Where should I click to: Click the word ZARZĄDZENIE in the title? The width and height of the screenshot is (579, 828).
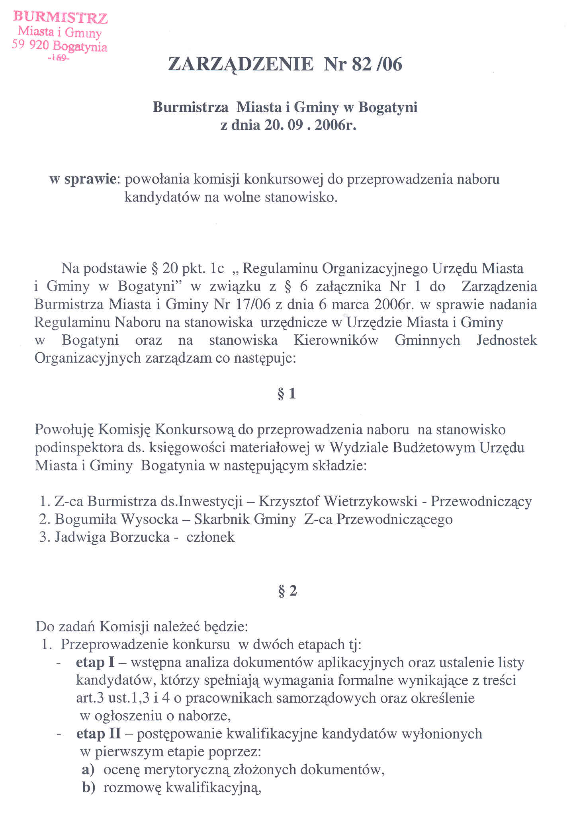[241, 64]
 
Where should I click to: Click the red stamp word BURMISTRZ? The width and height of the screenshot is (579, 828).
[60, 18]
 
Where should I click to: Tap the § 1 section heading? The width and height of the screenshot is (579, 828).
[287, 393]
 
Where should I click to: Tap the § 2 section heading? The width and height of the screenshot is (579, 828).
[288, 591]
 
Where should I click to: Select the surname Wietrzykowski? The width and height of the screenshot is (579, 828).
[370, 501]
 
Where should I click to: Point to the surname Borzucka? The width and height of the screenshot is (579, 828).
[140, 537]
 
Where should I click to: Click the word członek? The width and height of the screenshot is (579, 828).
[211, 537]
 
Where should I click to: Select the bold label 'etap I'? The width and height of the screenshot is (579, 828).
[95, 662]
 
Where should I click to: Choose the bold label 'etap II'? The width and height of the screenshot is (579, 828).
[98, 734]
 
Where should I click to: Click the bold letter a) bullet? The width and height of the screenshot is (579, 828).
[88, 769]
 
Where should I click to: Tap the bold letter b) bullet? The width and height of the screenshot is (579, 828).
[88, 787]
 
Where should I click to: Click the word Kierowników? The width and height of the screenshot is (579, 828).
[336, 340]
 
